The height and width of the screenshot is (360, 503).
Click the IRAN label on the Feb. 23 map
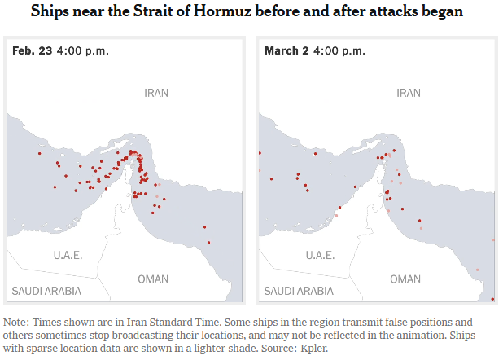[156, 93]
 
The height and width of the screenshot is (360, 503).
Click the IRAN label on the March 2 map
[409, 93]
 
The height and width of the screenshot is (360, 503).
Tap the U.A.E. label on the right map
[320, 255]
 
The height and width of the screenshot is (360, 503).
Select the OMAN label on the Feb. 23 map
[153, 279]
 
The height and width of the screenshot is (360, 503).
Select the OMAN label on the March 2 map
[405, 279]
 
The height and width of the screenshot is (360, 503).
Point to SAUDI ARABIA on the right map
[299, 291]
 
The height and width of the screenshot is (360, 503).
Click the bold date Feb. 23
[32, 50]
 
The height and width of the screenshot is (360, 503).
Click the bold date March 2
[287, 50]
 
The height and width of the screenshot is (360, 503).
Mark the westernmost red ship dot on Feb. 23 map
[38, 153]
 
